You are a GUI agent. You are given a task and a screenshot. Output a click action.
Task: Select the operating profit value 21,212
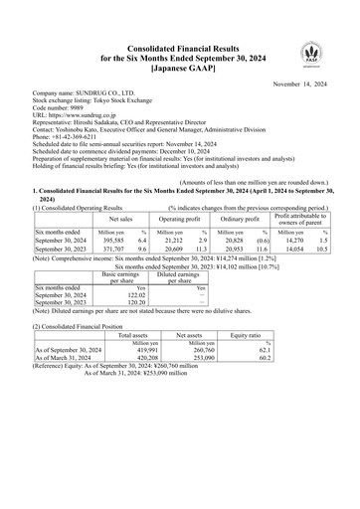point(183,241)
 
